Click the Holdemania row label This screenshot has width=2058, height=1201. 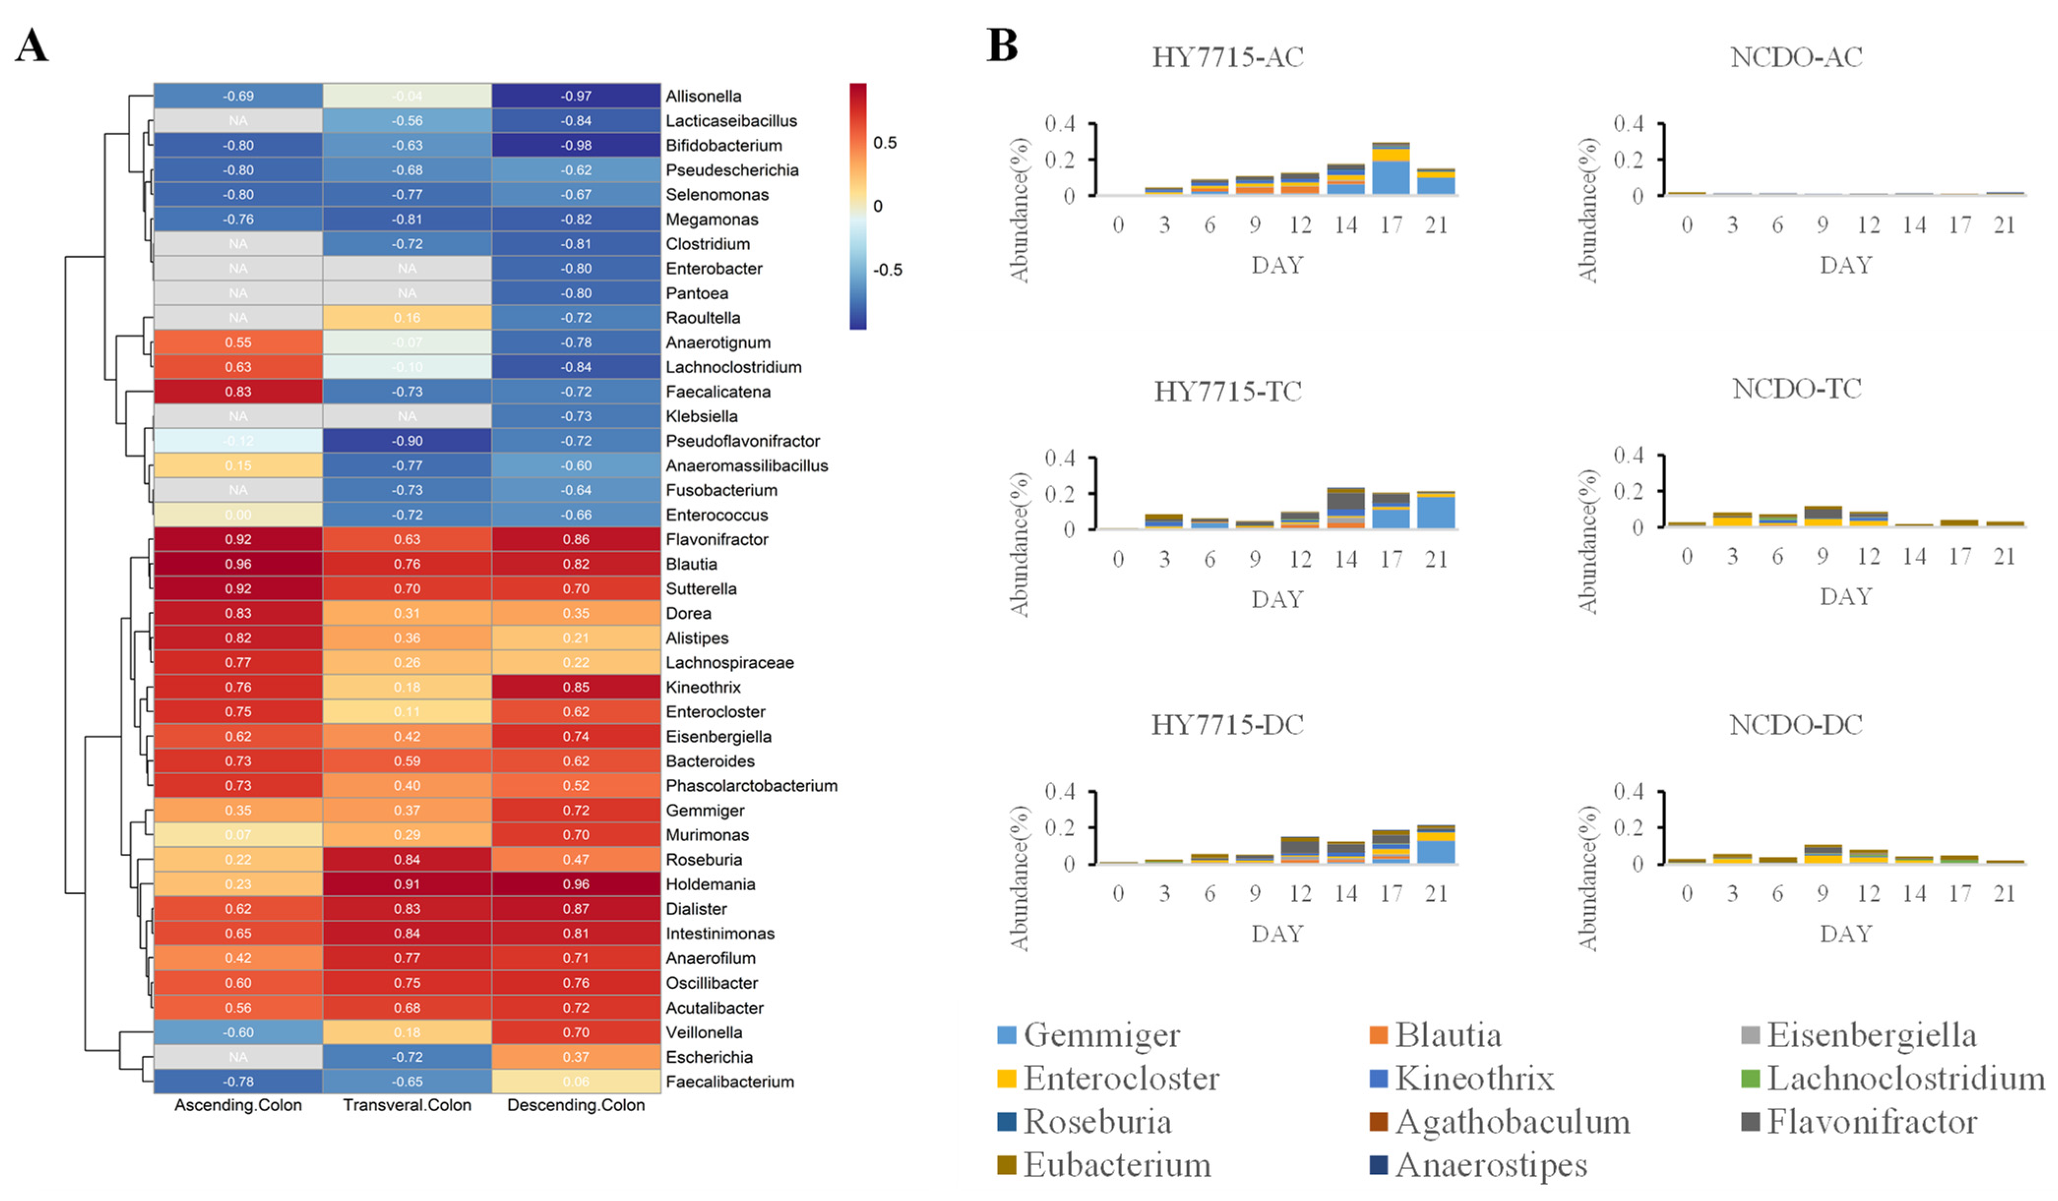tap(710, 884)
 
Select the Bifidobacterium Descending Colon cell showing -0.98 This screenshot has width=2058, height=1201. tap(576, 146)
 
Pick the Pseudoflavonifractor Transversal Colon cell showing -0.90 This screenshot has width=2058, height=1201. tap(407, 441)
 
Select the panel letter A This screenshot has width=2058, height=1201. tap(32, 46)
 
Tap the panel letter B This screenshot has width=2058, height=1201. tap(1002, 46)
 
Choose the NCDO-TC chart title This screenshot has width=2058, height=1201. tap(1797, 389)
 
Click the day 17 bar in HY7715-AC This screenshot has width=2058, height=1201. tap(1391, 169)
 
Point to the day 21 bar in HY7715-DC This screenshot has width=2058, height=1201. tap(1436, 844)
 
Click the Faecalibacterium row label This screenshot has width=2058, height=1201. tap(729, 1082)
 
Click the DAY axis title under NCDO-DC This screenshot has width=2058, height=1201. tap(1846, 933)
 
